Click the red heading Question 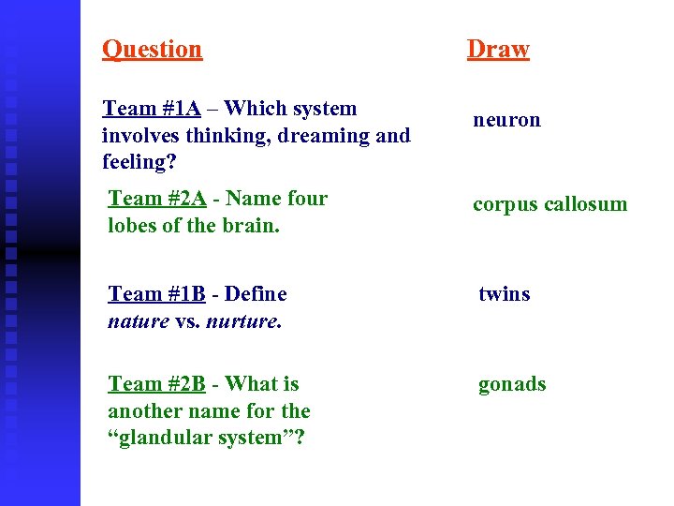click(152, 49)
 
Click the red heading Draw click(498, 49)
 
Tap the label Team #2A click(157, 199)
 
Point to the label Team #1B click(156, 294)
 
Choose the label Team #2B click(156, 384)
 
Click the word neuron click(506, 120)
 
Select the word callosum click(582, 204)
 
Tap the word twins click(504, 294)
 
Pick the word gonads click(512, 384)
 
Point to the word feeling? click(138, 162)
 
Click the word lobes click(132, 226)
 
